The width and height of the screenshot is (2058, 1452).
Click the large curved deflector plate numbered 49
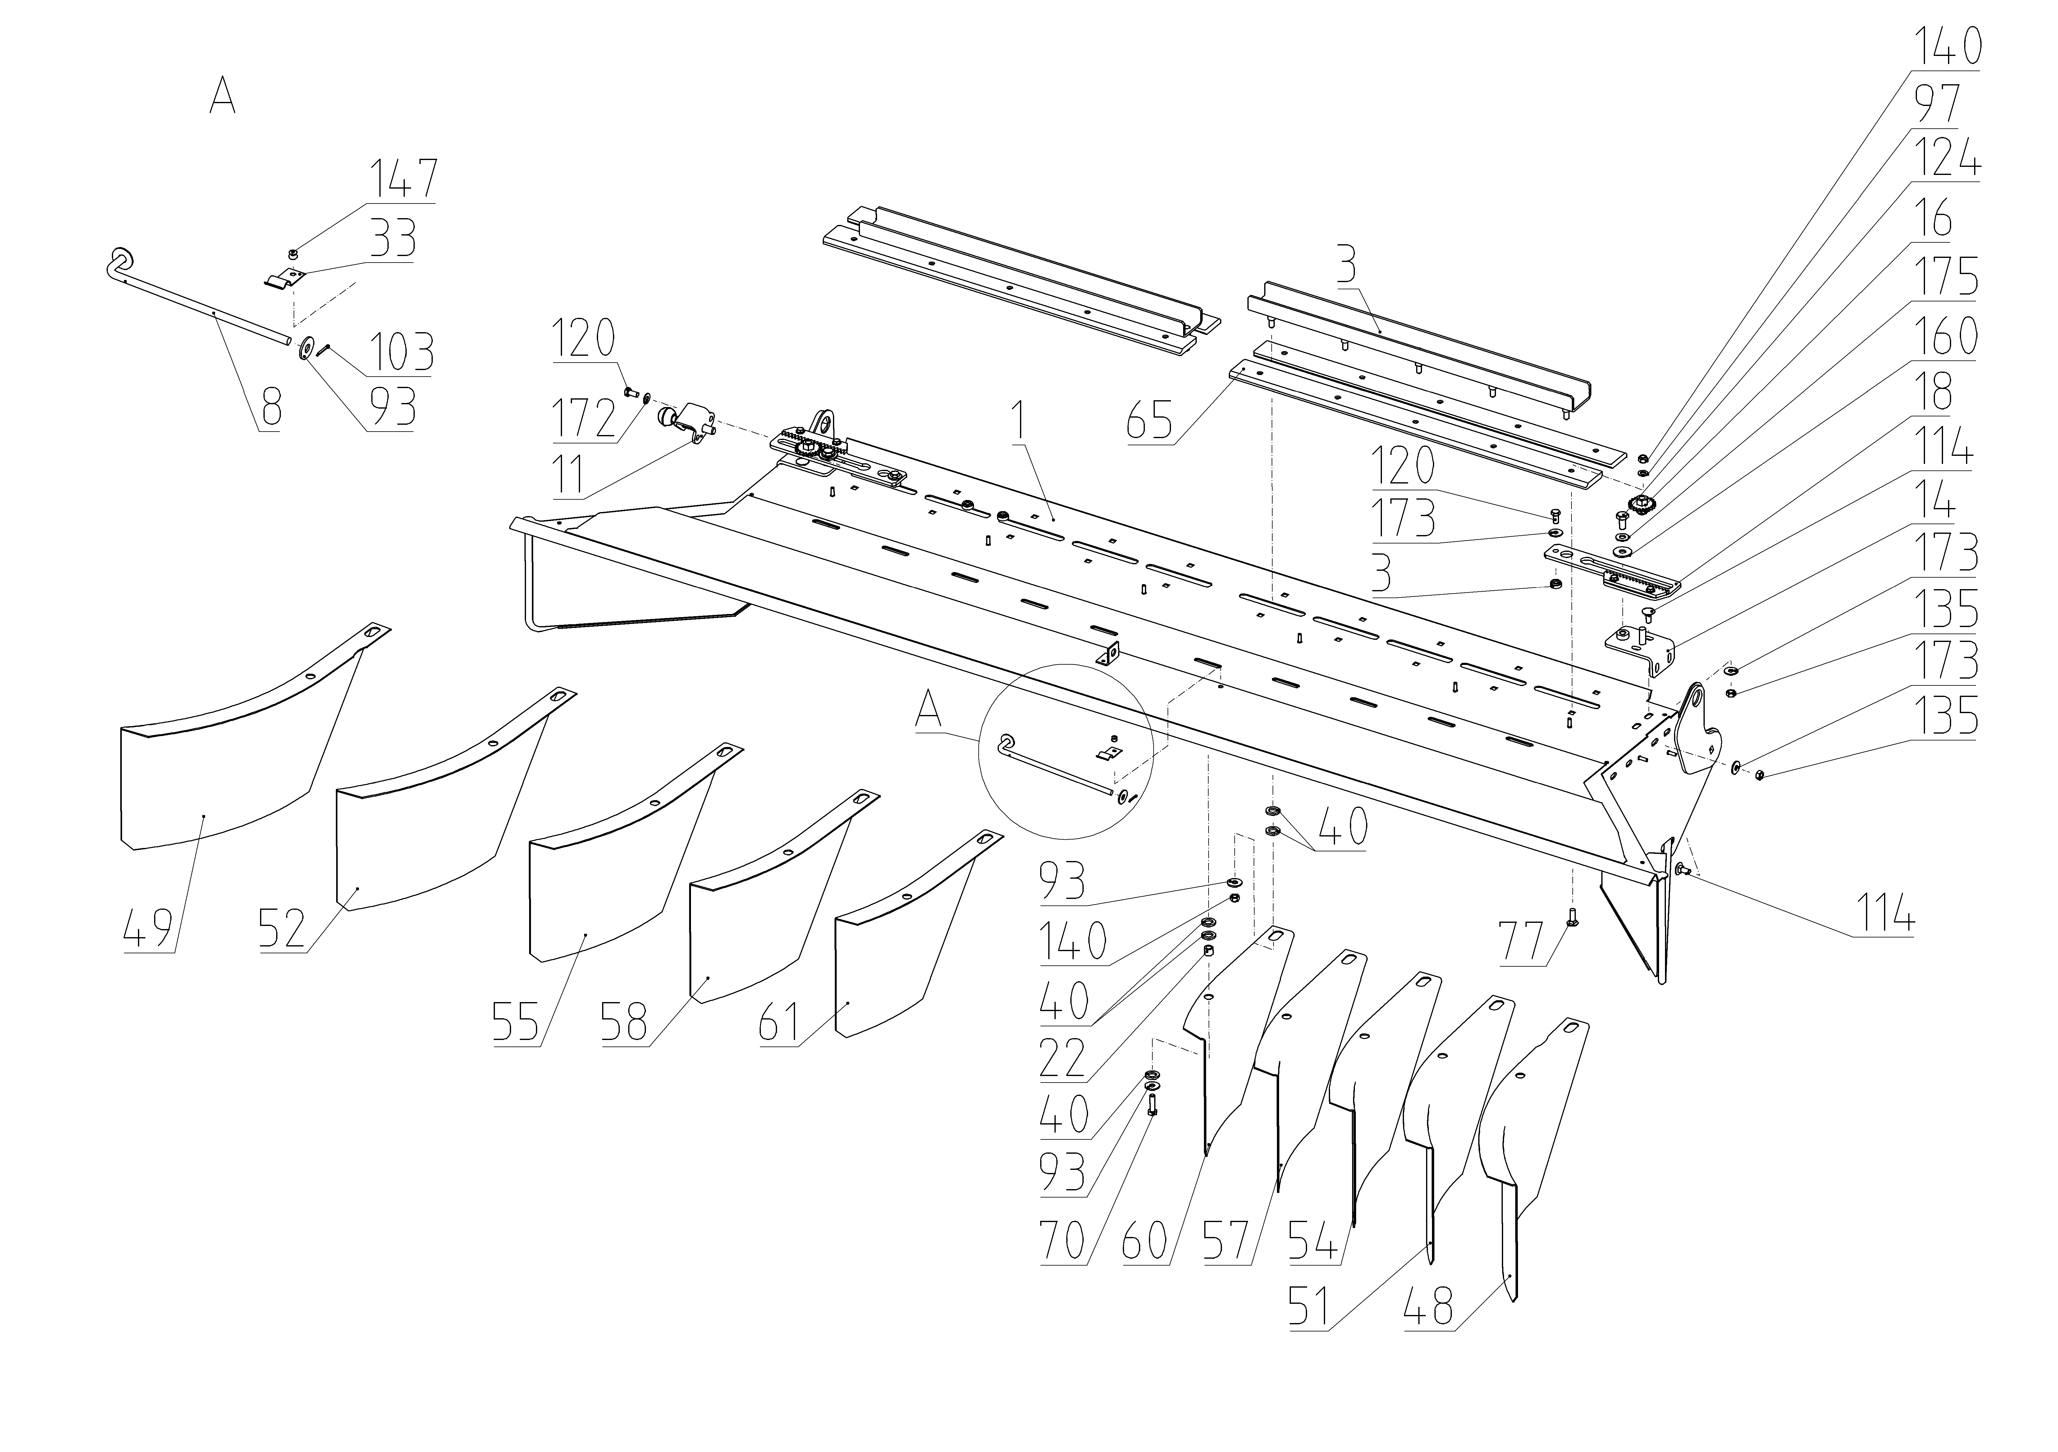(x=215, y=789)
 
